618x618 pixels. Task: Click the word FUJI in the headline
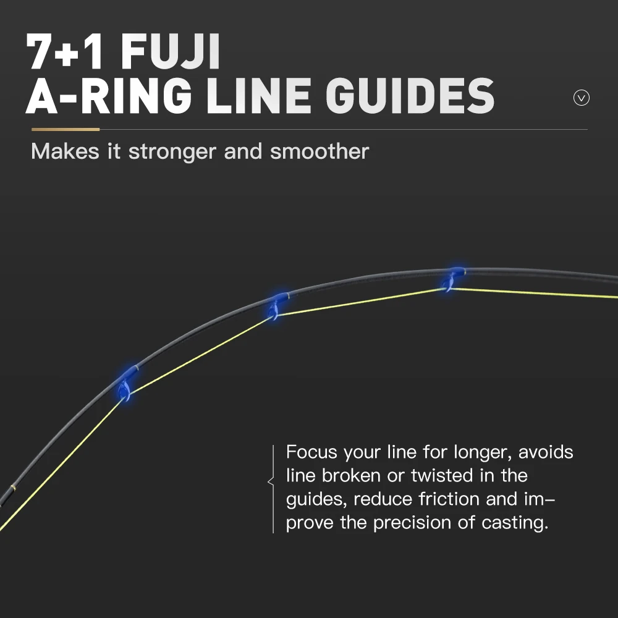point(171,52)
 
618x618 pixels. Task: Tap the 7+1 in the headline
point(66,52)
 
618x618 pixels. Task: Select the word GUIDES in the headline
point(410,96)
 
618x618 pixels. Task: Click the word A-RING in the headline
point(109,96)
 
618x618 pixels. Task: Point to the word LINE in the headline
point(259,96)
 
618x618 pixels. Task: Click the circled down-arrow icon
point(582,98)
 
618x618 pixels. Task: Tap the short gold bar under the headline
point(66,129)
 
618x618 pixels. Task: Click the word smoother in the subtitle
point(320,151)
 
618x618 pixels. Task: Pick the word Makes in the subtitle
point(65,151)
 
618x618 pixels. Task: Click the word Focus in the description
point(311,452)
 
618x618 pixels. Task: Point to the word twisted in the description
point(442,475)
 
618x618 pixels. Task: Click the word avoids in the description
point(546,452)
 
